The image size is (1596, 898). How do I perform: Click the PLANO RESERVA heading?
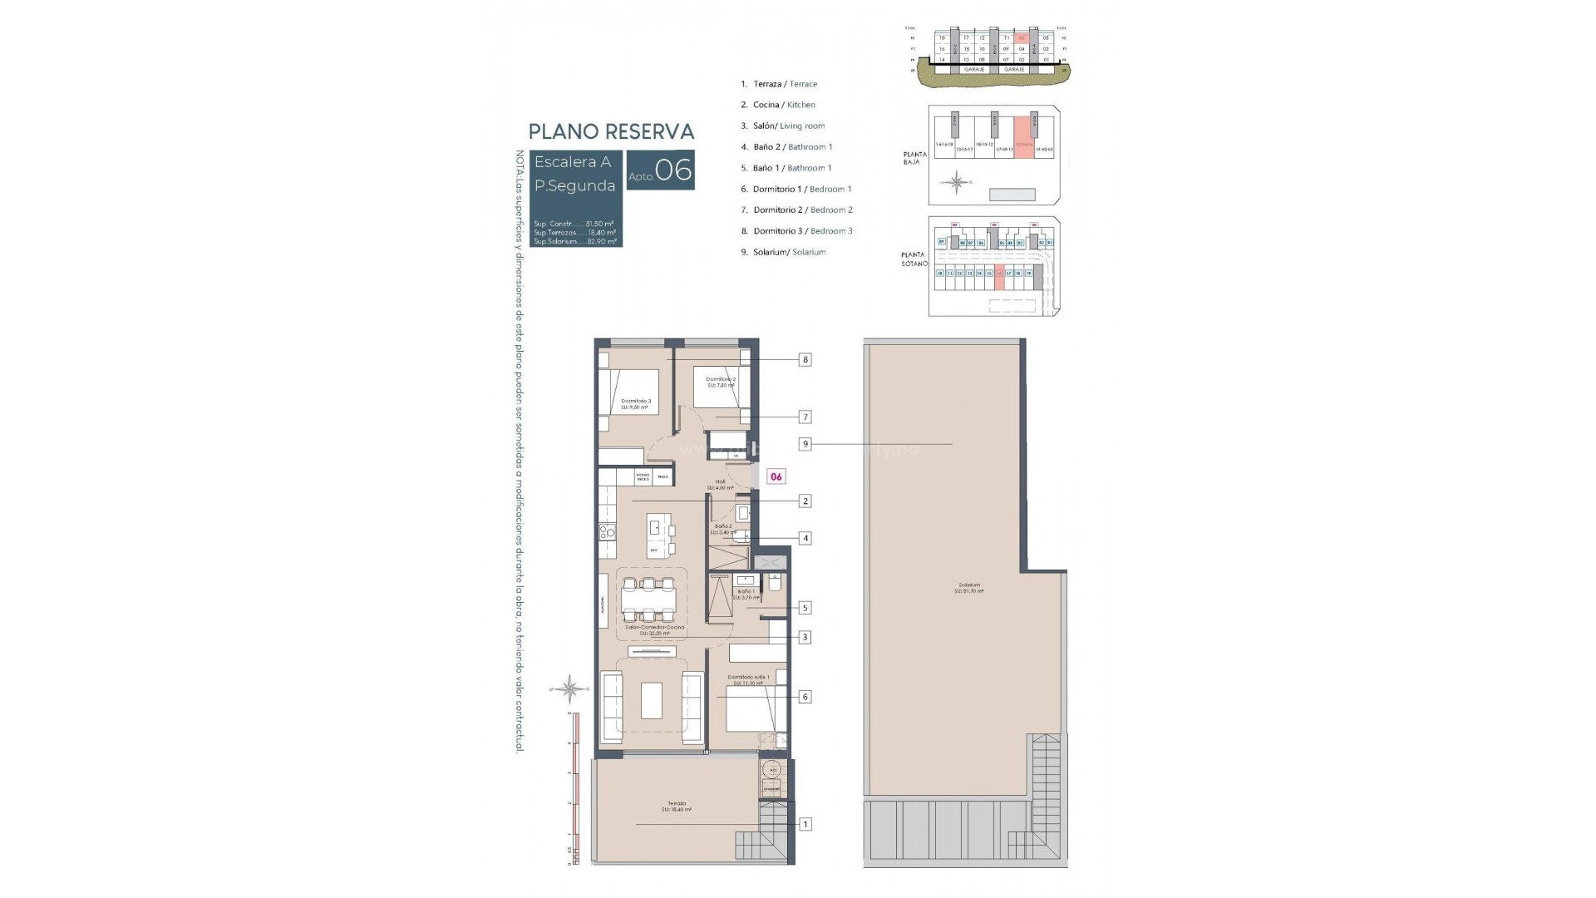tap(611, 131)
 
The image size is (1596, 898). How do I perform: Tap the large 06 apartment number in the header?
tap(673, 170)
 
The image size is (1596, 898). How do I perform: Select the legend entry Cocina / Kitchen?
tap(778, 105)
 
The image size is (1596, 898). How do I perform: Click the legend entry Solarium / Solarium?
tap(783, 252)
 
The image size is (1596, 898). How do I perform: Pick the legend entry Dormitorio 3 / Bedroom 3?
tap(796, 231)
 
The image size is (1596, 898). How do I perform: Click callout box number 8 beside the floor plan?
tap(805, 360)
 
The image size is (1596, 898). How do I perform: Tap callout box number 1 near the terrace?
tap(805, 824)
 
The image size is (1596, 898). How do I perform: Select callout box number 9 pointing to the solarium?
tap(805, 444)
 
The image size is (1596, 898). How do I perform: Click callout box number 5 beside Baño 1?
tap(805, 608)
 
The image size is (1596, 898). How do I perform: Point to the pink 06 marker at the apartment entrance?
tap(776, 476)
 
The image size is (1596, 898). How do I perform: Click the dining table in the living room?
tap(648, 599)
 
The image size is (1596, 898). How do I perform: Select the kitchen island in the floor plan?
tap(661, 535)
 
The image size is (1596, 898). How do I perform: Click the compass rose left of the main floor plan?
tap(570, 688)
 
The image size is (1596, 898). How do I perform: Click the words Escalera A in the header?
tap(572, 162)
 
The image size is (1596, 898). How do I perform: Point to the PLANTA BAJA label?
tap(914, 158)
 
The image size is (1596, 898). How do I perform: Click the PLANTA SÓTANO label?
tap(914, 259)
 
